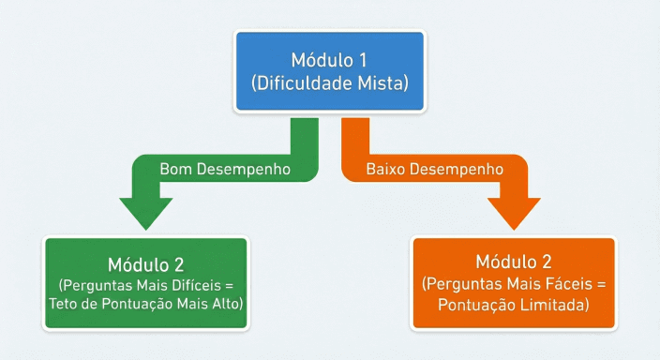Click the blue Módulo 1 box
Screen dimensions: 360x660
329,71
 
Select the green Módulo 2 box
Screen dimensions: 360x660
145,282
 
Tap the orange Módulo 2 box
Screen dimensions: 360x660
514,282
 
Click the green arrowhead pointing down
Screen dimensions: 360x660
144,215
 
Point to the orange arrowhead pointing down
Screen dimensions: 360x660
514,215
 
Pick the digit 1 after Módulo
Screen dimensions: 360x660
363,60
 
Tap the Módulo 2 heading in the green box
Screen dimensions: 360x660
145,261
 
